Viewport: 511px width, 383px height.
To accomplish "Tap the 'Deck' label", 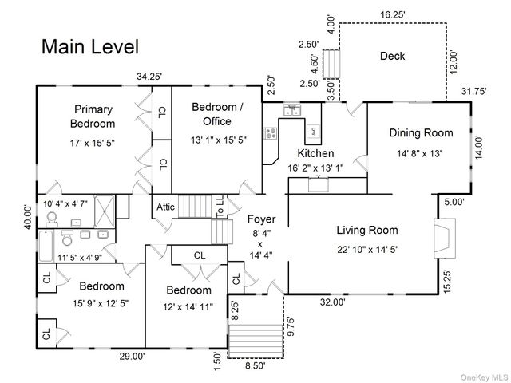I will (392, 56).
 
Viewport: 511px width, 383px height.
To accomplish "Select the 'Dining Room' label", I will (421, 133).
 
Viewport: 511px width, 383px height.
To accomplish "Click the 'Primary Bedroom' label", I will (93, 116).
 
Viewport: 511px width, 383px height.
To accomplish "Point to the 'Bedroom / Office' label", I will (216, 114).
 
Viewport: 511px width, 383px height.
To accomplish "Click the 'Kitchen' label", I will (315, 153).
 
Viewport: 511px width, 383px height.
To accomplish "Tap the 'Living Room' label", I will (366, 231).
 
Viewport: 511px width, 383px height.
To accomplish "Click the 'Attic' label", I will (165, 207).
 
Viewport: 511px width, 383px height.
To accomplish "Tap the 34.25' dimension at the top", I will (149, 77).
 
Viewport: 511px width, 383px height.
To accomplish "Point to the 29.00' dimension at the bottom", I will (133, 356).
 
